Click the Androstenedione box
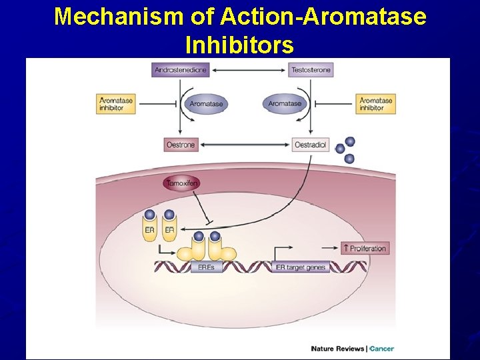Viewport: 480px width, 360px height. [x=181, y=69]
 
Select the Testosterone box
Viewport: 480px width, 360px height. [x=311, y=69]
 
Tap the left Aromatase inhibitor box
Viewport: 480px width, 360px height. [x=116, y=104]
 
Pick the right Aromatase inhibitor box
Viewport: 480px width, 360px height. [x=375, y=104]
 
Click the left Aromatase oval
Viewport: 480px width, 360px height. [x=206, y=104]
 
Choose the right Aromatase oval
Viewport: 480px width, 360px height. [x=285, y=104]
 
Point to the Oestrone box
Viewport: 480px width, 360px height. [x=181, y=145]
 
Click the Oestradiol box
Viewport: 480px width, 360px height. [x=311, y=145]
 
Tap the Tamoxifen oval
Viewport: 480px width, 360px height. [x=181, y=183]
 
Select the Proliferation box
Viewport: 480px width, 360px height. [x=364, y=249]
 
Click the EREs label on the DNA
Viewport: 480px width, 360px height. [x=207, y=267]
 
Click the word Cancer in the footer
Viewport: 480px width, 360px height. [x=382, y=349]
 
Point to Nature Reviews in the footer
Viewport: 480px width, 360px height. [x=338, y=349]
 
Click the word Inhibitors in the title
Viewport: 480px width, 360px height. [x=239, y=45]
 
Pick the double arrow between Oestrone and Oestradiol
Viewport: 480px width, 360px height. [x=245, y=145]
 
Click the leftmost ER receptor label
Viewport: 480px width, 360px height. [x=149, y=230]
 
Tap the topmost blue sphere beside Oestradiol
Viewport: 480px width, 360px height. [x=349, y=141]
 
